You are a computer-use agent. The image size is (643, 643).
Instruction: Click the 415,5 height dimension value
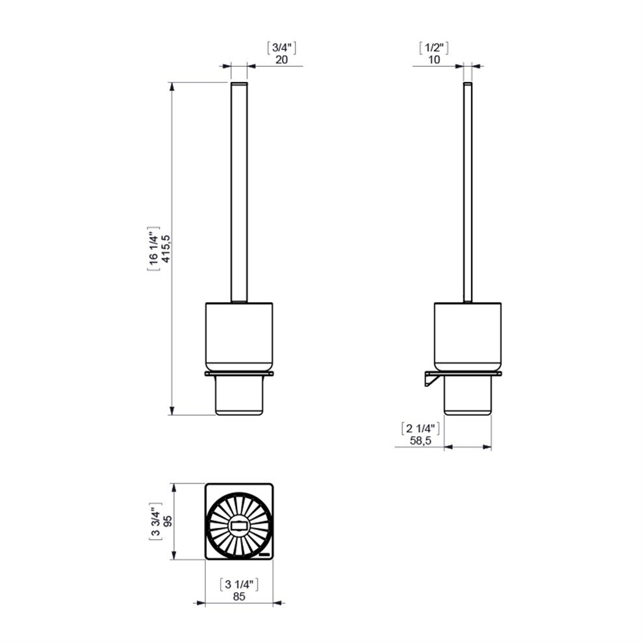166,249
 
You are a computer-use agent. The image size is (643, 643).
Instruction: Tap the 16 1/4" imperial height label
153,249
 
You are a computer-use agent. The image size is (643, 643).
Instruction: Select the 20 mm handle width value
281,60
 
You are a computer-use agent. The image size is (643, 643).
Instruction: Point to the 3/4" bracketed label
281,47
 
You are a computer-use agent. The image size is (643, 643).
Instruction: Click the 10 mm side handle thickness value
434,60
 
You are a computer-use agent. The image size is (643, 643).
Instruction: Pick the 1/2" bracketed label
434,47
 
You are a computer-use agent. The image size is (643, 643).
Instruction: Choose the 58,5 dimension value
420,441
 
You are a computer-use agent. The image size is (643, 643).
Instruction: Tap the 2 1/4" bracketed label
420,429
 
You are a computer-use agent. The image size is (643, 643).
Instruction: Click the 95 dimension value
168,521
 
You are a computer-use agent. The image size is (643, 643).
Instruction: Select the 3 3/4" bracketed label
155,521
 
